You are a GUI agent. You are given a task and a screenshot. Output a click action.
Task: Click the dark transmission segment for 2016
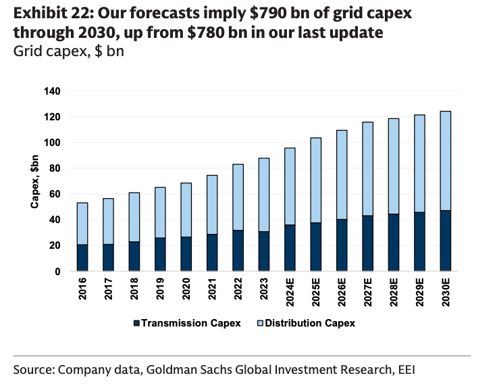(x=82, y=258)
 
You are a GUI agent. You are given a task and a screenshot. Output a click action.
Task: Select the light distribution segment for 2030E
(x=446, y=161)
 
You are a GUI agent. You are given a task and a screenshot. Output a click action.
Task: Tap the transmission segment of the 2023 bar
(x=264, y=251)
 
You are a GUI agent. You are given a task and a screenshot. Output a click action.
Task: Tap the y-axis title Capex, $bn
(x=34, y=182)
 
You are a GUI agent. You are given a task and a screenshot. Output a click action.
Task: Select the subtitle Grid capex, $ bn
(x=68, y=51)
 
